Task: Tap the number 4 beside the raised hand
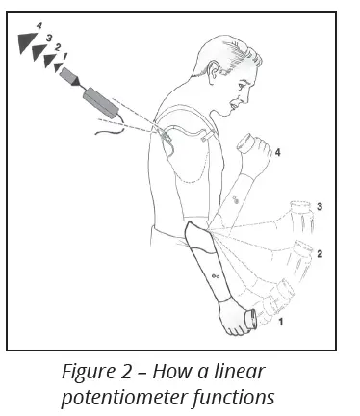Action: [278, 152]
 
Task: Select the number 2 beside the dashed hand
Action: [319, 254]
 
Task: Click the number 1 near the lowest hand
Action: [280, 324]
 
